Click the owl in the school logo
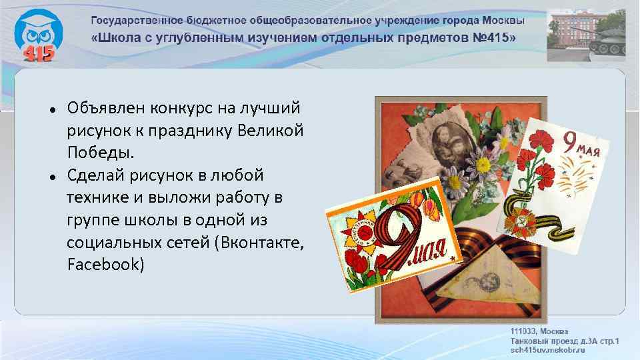pos(37,30)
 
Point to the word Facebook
pos(105,265)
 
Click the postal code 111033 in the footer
pos(524,331)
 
